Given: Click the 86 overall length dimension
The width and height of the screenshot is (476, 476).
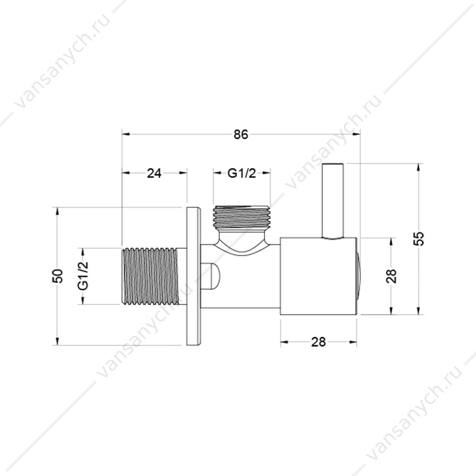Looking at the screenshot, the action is (x=241, y=135).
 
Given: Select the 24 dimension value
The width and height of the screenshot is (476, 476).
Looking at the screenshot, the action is (x=154, y=173).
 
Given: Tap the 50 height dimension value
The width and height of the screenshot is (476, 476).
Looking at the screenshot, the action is (x=58, y=276).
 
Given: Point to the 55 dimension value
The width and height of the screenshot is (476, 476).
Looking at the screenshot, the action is (x=418, y=239).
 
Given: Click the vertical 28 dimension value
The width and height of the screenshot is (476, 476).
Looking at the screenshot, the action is (x=391, y=276).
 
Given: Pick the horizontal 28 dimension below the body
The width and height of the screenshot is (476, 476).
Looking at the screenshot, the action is (x=319, y=342).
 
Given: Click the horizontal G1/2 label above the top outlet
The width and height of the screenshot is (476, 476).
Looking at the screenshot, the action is (x=242, y=173).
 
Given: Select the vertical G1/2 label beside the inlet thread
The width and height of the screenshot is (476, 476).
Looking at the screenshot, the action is (x=83, y=276).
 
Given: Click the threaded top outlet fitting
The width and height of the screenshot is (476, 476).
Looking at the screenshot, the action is (x=242, y=217).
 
